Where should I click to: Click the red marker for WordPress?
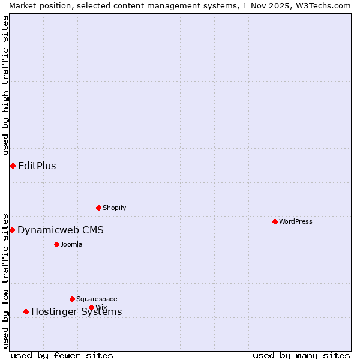point(275,221)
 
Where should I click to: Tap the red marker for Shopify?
point(98,208)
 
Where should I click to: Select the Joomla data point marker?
point(56,244)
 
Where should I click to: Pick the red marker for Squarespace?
point(72,299)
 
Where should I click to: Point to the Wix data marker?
point(91,307)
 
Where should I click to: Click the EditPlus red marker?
point(13,166)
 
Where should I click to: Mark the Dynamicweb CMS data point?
point(12,230)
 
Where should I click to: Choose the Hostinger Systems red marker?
point(26,311)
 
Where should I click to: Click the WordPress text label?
point(296,221)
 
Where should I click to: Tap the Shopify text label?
point(115,208)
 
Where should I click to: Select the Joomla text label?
point(71,244)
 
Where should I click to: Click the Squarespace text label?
point(97,299)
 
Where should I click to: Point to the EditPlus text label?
point(37,166)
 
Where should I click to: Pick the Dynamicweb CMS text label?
point(61,230)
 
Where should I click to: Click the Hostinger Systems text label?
point(76,311)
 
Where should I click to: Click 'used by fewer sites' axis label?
point(62,355)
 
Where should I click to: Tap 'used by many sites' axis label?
point(301,355)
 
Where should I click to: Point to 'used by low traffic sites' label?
point(6,280)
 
